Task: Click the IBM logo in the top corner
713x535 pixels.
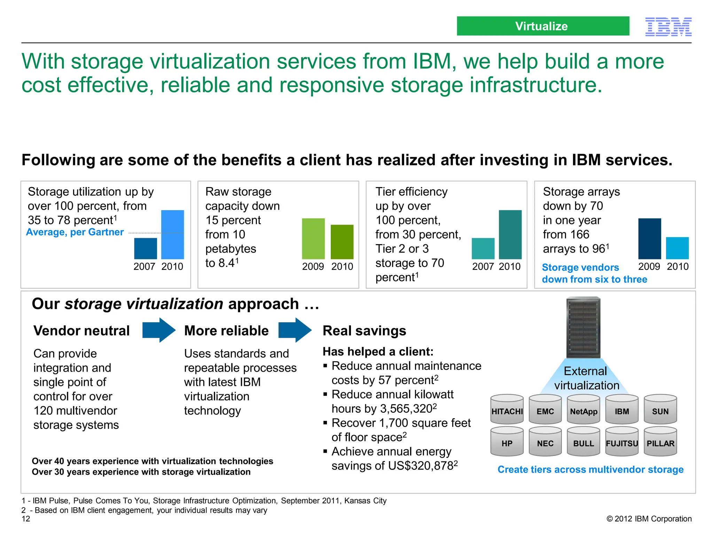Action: coord(668,27)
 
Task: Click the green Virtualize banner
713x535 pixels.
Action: coord(543,26)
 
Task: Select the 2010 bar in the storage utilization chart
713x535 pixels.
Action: coord(172,234)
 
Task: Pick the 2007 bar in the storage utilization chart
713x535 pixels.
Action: coord(146,248)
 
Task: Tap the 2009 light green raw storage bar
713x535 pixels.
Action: coord(313,239)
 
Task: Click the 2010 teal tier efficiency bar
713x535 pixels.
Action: coord(510,234)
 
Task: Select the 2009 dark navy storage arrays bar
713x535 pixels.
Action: coord(649,239)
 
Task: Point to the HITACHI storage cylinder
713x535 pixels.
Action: coord(507,410)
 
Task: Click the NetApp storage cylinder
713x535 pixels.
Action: coord(583,410)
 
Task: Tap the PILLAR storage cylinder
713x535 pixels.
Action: coord(660,442)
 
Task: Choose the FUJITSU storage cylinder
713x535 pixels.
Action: coord(622,442)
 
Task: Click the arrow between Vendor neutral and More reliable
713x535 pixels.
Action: coord(159,330)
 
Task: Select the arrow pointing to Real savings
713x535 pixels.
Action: coord(295,330)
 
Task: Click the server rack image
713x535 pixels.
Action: coord(583,327)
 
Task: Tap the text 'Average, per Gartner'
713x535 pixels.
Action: coord(75,232)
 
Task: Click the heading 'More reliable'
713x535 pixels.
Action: coord(226,331)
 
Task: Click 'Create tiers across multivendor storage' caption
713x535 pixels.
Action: coord(590,470)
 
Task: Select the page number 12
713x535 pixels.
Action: coord(26,519)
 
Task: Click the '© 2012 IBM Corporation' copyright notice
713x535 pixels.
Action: coord(649,519)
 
